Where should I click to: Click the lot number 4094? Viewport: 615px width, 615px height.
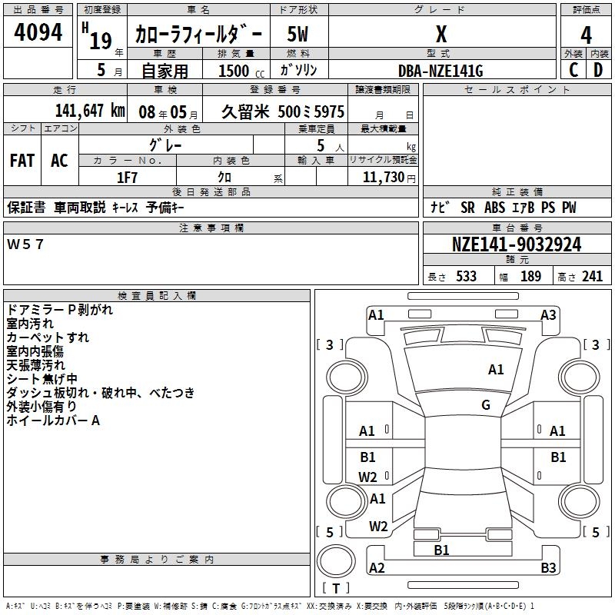(38, 34)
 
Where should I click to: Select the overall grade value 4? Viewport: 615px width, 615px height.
(586, 35)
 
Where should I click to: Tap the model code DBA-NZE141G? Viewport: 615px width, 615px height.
(441, 71)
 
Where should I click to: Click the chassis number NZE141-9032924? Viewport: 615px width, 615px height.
(517, 245)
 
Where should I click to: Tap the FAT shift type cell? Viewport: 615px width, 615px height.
(22, 161)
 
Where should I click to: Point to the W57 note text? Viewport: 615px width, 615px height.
(26, 244)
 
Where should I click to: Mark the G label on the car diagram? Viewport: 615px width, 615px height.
(486, 404)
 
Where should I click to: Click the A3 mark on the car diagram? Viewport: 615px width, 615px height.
(548, 314)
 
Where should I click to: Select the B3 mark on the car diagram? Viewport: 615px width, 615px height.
(548, 568)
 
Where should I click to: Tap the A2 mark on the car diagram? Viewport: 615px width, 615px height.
(377, 568)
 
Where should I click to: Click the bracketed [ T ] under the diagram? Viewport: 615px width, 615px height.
(337, 589)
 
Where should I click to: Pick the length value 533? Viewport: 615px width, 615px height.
(466, 277)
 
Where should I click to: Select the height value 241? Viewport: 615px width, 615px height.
(592, 277)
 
